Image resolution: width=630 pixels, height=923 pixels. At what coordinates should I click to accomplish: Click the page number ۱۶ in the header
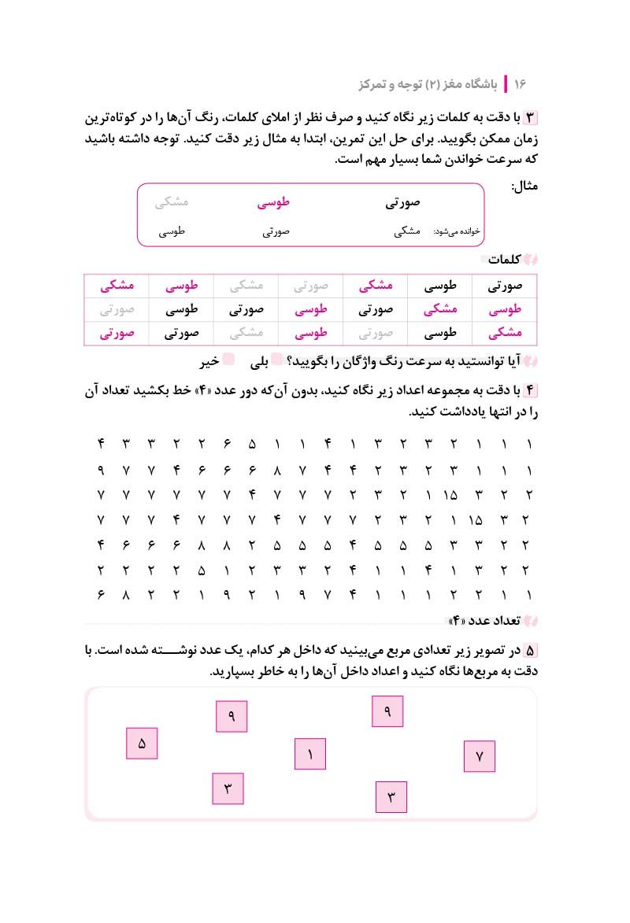click(x=519, y=83)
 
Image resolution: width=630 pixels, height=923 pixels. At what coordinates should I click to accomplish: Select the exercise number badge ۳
click(x=529, y=118)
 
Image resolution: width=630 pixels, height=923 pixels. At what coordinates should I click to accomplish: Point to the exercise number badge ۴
click(x=529, y=390)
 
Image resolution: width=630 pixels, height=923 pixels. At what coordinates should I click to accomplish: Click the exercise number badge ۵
click(x=529, y=651)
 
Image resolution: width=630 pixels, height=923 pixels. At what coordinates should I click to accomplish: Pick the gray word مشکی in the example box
click(x=172, y=202)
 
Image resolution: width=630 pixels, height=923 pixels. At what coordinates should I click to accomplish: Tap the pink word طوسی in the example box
click(x=273, y=202)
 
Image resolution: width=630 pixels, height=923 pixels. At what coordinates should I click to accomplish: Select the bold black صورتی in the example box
click(x=402, y=202)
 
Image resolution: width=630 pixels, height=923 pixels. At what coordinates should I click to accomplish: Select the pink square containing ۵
click(x=142, y=744)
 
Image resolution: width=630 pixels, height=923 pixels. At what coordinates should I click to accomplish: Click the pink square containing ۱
click(x=310, y=754)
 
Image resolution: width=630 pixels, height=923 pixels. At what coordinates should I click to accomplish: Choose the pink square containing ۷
click(x=480, y=757)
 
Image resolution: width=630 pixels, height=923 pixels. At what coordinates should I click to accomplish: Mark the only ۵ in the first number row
click(x=252, y=443)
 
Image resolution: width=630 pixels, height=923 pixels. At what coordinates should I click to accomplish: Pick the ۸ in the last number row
click(x=126, y=596)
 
